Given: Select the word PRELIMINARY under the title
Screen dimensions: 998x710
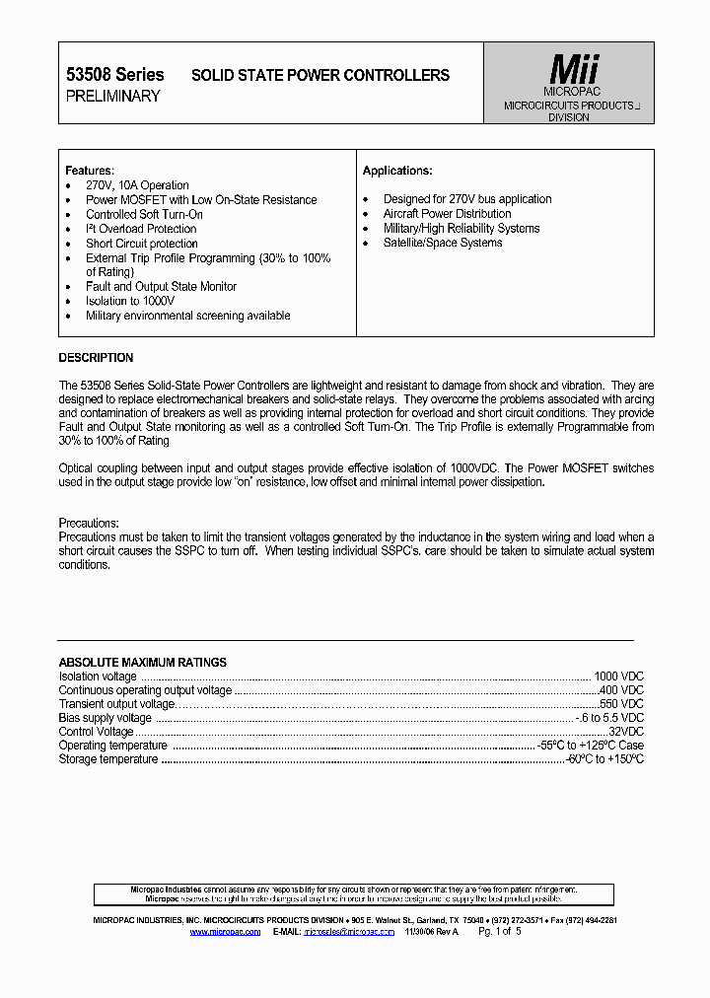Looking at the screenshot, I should click(112, 96).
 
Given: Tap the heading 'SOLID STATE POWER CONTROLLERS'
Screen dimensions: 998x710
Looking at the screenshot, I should click(319, 75).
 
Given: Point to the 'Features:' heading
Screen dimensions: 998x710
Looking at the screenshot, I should click(90, 171).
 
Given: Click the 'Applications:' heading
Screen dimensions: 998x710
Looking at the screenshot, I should click(397, 171).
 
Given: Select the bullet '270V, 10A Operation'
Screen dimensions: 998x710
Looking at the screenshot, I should click(137, 185).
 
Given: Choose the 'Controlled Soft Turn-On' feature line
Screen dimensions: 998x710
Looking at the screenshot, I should click(144, 214).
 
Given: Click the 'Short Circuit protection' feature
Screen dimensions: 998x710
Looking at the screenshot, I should click(141, 244).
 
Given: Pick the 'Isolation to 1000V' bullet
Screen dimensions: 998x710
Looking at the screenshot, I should click(130, 301).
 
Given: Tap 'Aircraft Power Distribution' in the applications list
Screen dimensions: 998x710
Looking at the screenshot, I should click(447, 214).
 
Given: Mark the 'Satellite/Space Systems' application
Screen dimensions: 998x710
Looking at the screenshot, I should click(443, 243).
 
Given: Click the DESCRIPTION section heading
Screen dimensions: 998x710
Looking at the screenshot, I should click(96, 358).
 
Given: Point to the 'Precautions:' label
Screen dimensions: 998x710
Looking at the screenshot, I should click(89, 523).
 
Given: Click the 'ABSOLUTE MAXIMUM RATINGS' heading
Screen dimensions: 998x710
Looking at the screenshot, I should click(142, 663).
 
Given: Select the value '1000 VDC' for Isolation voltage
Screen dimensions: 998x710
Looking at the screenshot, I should click(618, 677).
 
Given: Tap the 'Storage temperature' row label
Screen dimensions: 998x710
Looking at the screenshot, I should click(107, 759).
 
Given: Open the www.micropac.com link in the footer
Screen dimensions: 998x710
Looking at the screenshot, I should click(225, 931).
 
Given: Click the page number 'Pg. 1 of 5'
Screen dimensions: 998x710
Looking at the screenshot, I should click(499, 931).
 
